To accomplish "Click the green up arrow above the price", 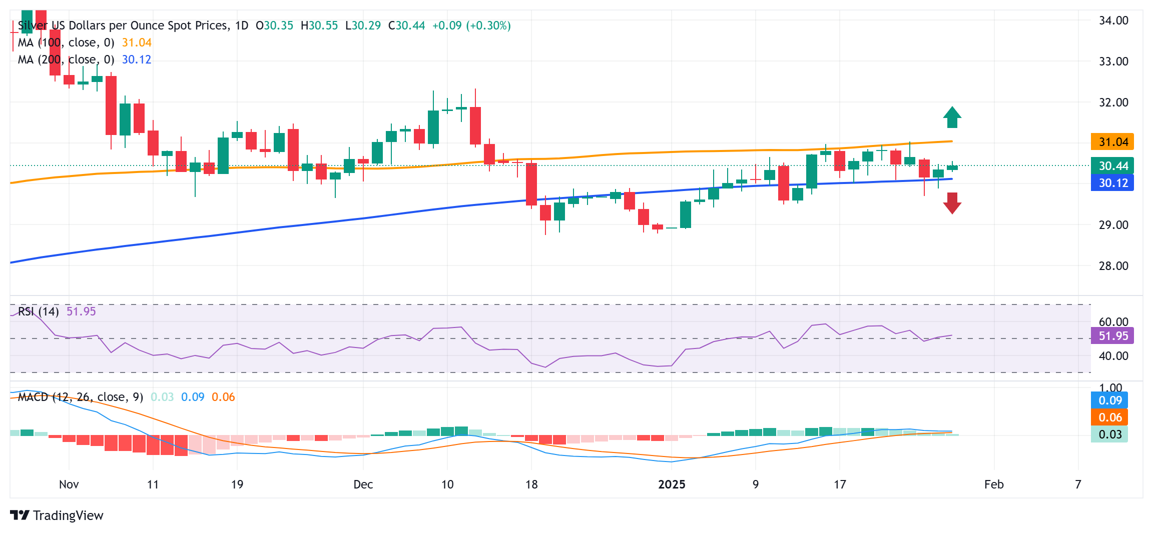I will tap(952, 117).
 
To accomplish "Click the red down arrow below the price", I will tap(952, 203).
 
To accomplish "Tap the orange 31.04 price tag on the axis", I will tap(1112, 142).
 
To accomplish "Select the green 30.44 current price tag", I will tap(1112, 166).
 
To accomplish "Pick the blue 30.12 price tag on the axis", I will tap(1112, 183).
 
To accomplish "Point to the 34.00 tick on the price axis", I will tap(1113, 20).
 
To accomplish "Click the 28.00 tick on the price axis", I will tap(1113, 266).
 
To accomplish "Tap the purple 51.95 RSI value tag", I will tap(1112, 336).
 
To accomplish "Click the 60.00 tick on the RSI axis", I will tap(1113, 322).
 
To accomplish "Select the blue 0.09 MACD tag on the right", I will tap(1109, 400).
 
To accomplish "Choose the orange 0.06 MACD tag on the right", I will tap(1109, 417).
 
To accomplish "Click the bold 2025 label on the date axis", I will tap(672, 484).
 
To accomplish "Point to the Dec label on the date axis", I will tap(363, 484).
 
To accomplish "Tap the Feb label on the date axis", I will tap(993, 484).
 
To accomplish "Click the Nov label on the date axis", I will tap(69, 484).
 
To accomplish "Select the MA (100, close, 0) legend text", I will tap(66, 43).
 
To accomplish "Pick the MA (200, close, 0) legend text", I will tap(66, 60).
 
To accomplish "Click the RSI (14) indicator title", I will tap(39, 311).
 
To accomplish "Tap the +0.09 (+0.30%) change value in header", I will tap(471, 25).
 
